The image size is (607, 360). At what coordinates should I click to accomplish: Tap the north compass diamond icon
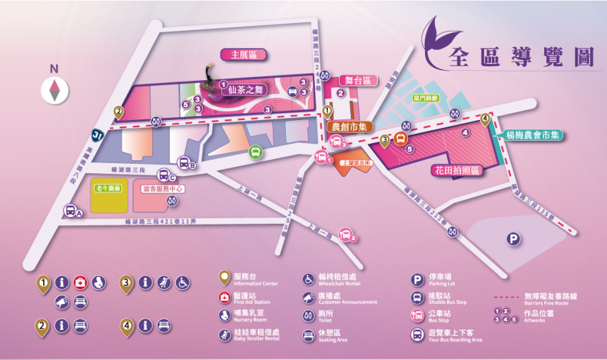[55, 90]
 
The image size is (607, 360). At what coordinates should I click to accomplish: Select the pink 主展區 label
[244, 55]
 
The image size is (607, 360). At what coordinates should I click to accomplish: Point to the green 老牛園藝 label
[107, 188]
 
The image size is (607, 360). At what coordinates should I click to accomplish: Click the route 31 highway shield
[98, 136]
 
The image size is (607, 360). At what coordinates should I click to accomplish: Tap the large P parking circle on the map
[514, 239]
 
